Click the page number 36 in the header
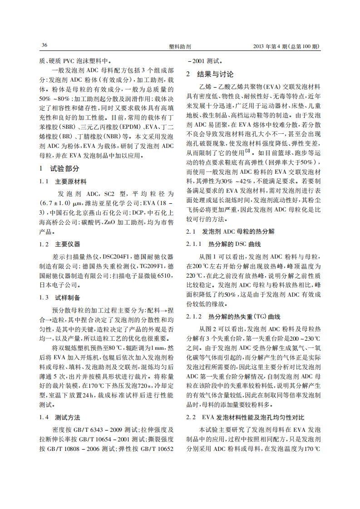(x=44, y=46)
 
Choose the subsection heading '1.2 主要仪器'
(x=60, y=244)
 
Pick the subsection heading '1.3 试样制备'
(x=60, y=298)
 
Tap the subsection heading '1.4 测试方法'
(x=60, y=417)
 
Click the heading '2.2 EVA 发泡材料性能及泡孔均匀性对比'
(x=246, y=416)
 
